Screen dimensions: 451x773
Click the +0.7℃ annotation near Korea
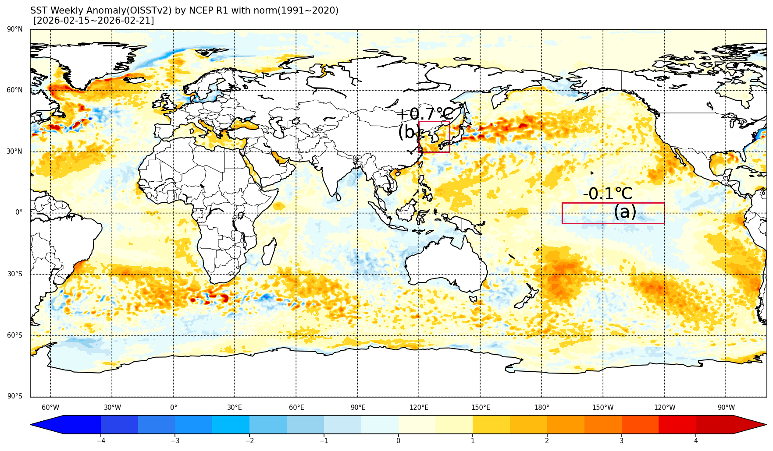424,114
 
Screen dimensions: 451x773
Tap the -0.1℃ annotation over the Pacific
607,194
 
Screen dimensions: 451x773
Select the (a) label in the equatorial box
625,212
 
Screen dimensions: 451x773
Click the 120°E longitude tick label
419,408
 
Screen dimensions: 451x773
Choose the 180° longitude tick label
541,408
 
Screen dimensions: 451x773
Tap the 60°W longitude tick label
50,408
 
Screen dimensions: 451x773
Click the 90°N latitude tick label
15,29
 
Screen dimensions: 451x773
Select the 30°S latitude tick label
15,274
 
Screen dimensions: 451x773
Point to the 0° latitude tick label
19,212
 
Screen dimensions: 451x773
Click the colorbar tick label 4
696,440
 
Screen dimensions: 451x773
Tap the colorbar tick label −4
100,440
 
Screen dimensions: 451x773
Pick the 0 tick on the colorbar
398,440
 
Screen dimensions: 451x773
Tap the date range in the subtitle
94,21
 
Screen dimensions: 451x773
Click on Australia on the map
445,263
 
